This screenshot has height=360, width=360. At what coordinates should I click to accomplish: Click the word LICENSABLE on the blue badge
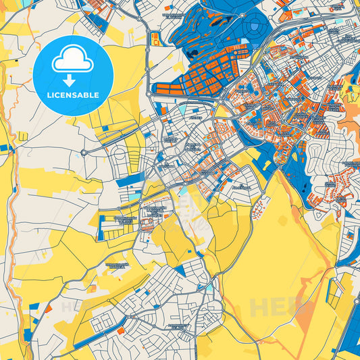pyautogui.click(x=73, y=95)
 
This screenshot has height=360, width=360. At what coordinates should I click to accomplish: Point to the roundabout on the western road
pyautogui.click(x=83, y=153)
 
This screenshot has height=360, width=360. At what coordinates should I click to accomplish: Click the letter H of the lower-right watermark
pyautogui.click(x=258, y=307)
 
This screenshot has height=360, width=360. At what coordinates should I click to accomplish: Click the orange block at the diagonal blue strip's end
pyautogui.click(x=121, y=332)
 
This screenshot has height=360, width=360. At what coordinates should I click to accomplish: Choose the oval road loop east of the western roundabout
pyautogui.click(x=120, y=157)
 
